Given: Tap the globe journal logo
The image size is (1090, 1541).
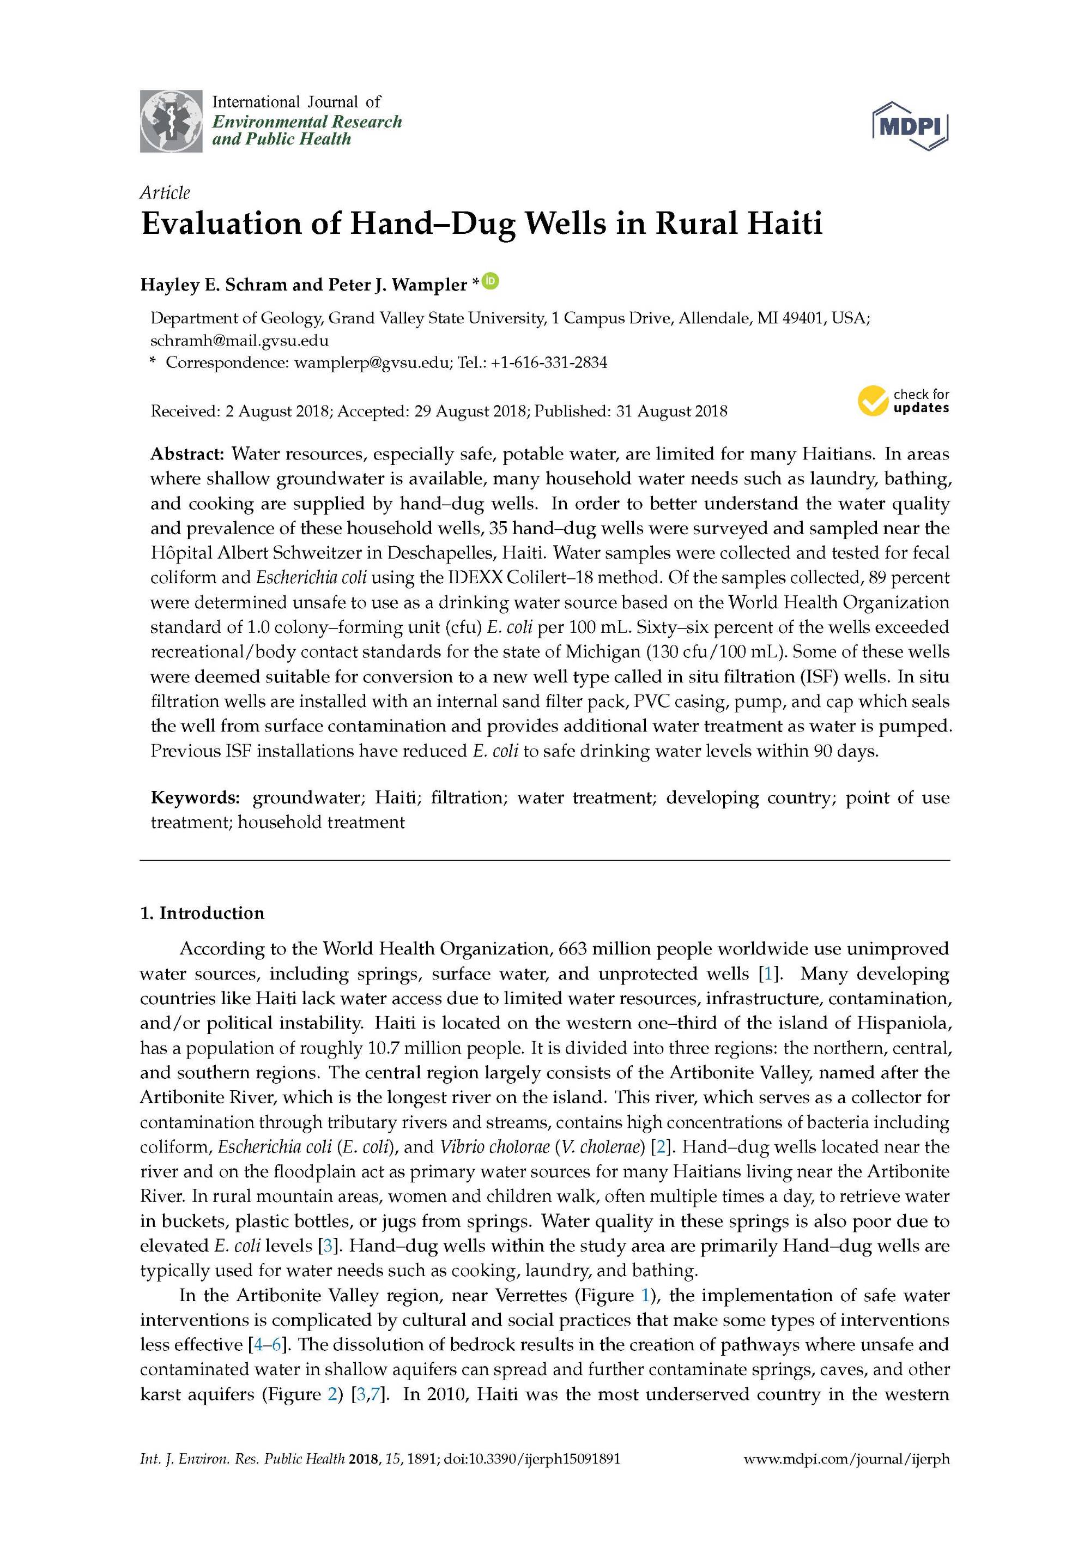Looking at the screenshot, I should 171,121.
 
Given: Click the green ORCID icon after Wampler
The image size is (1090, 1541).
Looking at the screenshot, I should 491,281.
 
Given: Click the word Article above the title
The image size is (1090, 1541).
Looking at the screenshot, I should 165,194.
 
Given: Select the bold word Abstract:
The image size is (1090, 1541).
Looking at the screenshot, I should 187,455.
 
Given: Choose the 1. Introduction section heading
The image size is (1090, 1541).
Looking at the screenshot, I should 202,914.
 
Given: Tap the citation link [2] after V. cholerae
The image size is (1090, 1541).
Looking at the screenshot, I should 661,1147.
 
